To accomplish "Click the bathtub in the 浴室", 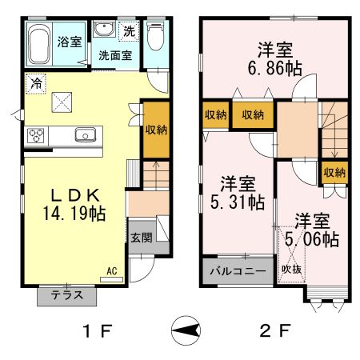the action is click(39, 44).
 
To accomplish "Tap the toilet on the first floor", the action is click(155, 36).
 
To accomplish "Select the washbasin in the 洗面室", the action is click(105, 29).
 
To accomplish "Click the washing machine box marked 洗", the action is click(130, 31).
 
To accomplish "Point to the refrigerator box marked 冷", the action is click(36, 84).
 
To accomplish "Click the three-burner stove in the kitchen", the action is click(36, 136).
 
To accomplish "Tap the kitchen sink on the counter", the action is click(86, 134).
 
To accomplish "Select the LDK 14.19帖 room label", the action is click(74, 205).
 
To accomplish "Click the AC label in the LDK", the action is click(112, 271).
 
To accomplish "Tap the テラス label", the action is click(67, 295).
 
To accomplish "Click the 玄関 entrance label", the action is click(142, 238).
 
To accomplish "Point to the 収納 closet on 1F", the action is click(156, 130).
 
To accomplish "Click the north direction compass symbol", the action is click(186, 330).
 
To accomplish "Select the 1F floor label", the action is click(98, 331).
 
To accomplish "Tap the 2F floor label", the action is click(275, 331).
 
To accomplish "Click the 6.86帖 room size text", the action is click(275, 69).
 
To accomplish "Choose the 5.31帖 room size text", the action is click(238, 202).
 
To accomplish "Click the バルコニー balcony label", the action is click(238, 271).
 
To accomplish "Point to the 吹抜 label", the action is click(292, 270).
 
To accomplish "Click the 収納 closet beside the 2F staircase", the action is click(334, 173).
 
